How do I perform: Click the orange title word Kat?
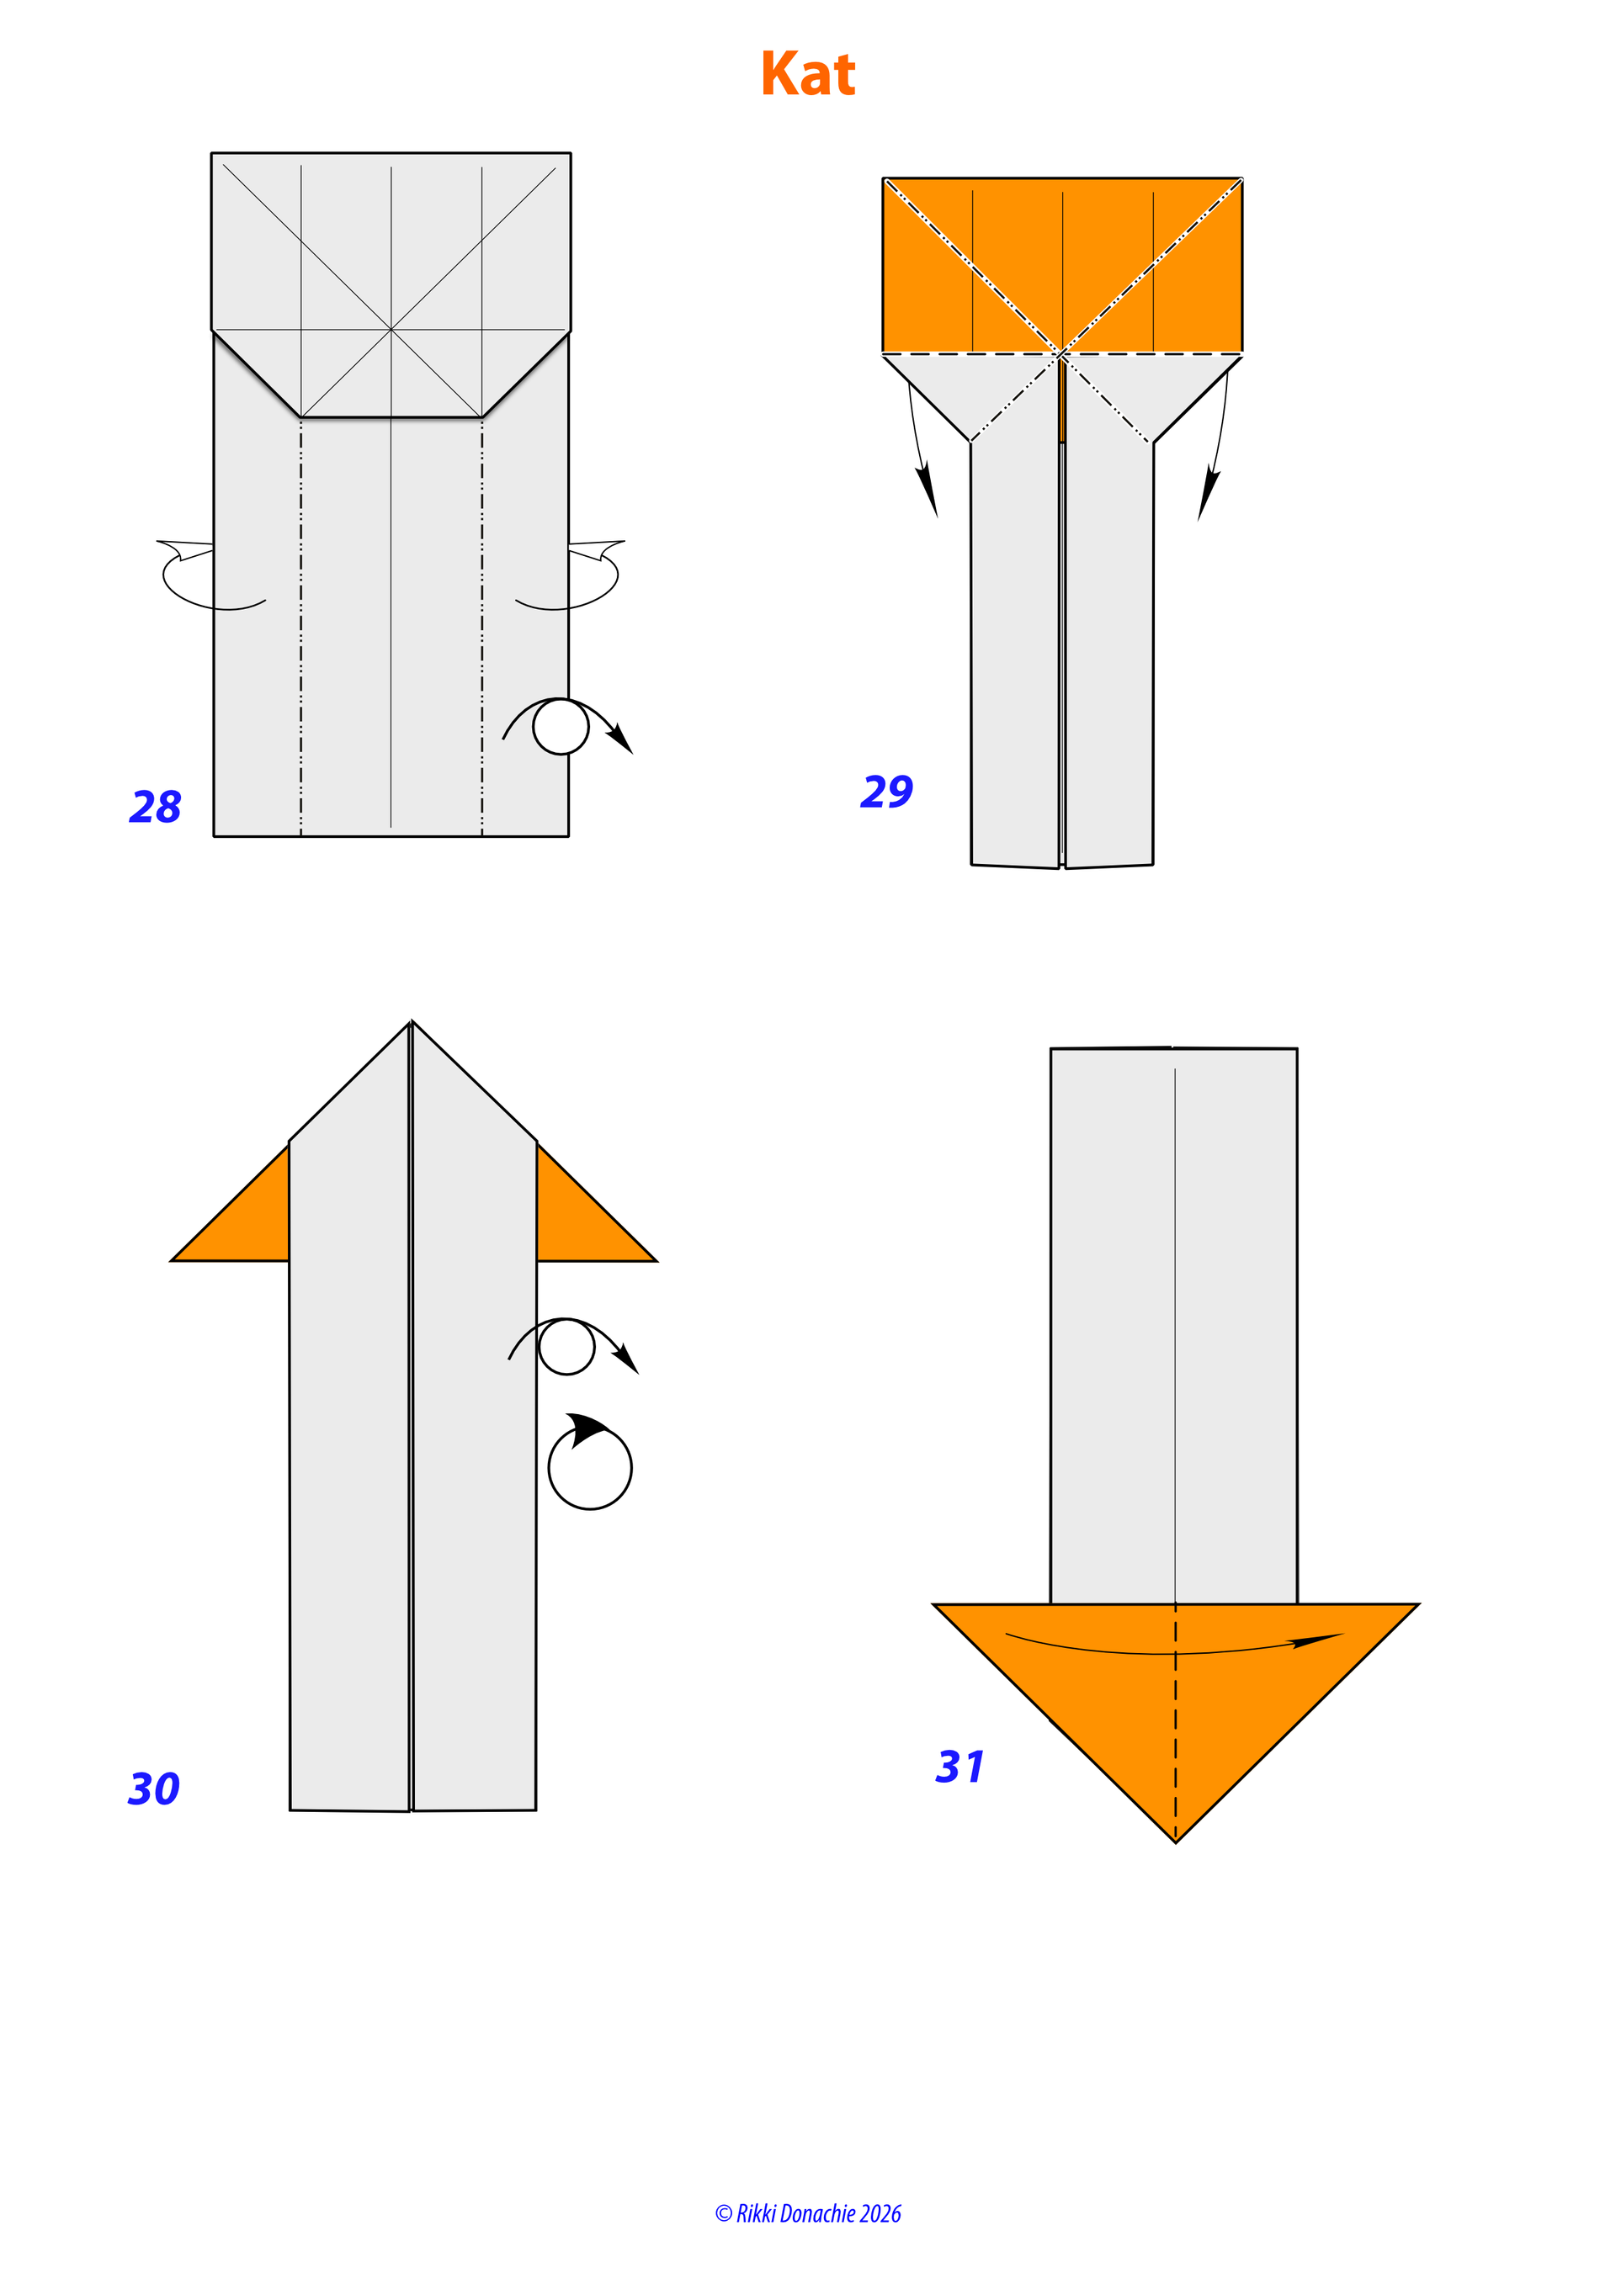[808, 74]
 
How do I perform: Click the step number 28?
[155, 807]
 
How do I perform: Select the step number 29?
[886, 791]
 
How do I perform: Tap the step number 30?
[154, 1789]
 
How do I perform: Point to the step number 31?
[960, 1767]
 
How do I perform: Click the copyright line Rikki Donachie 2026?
[808, 2213]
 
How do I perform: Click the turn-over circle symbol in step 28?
[561, 726]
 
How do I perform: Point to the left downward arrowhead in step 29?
[928, 490]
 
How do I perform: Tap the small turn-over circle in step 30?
[566, 1347]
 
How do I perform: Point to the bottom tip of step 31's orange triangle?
[1176, 1842]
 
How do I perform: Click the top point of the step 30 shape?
[411, 1021]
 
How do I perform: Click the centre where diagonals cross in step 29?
[1063, 353]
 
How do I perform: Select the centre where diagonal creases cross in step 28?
[391, 328]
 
